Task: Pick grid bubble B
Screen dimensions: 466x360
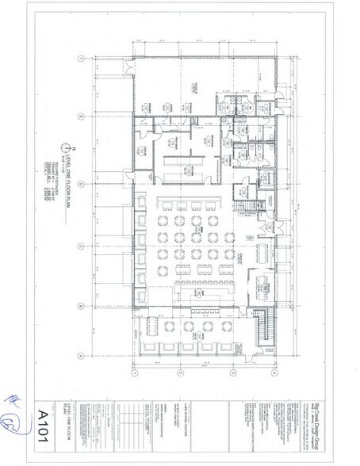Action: tap(82, 304)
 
